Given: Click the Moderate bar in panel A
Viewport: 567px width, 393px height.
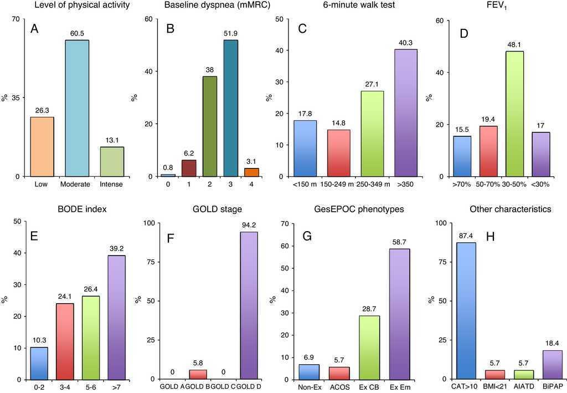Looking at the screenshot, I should [77, 108].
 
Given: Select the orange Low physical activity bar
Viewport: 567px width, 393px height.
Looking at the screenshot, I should [42, 146].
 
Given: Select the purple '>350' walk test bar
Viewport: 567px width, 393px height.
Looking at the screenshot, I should [406, 113].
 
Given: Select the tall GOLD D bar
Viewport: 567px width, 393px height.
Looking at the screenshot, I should [249, 305].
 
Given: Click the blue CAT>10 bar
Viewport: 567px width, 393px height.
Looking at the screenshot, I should [466, 310].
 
